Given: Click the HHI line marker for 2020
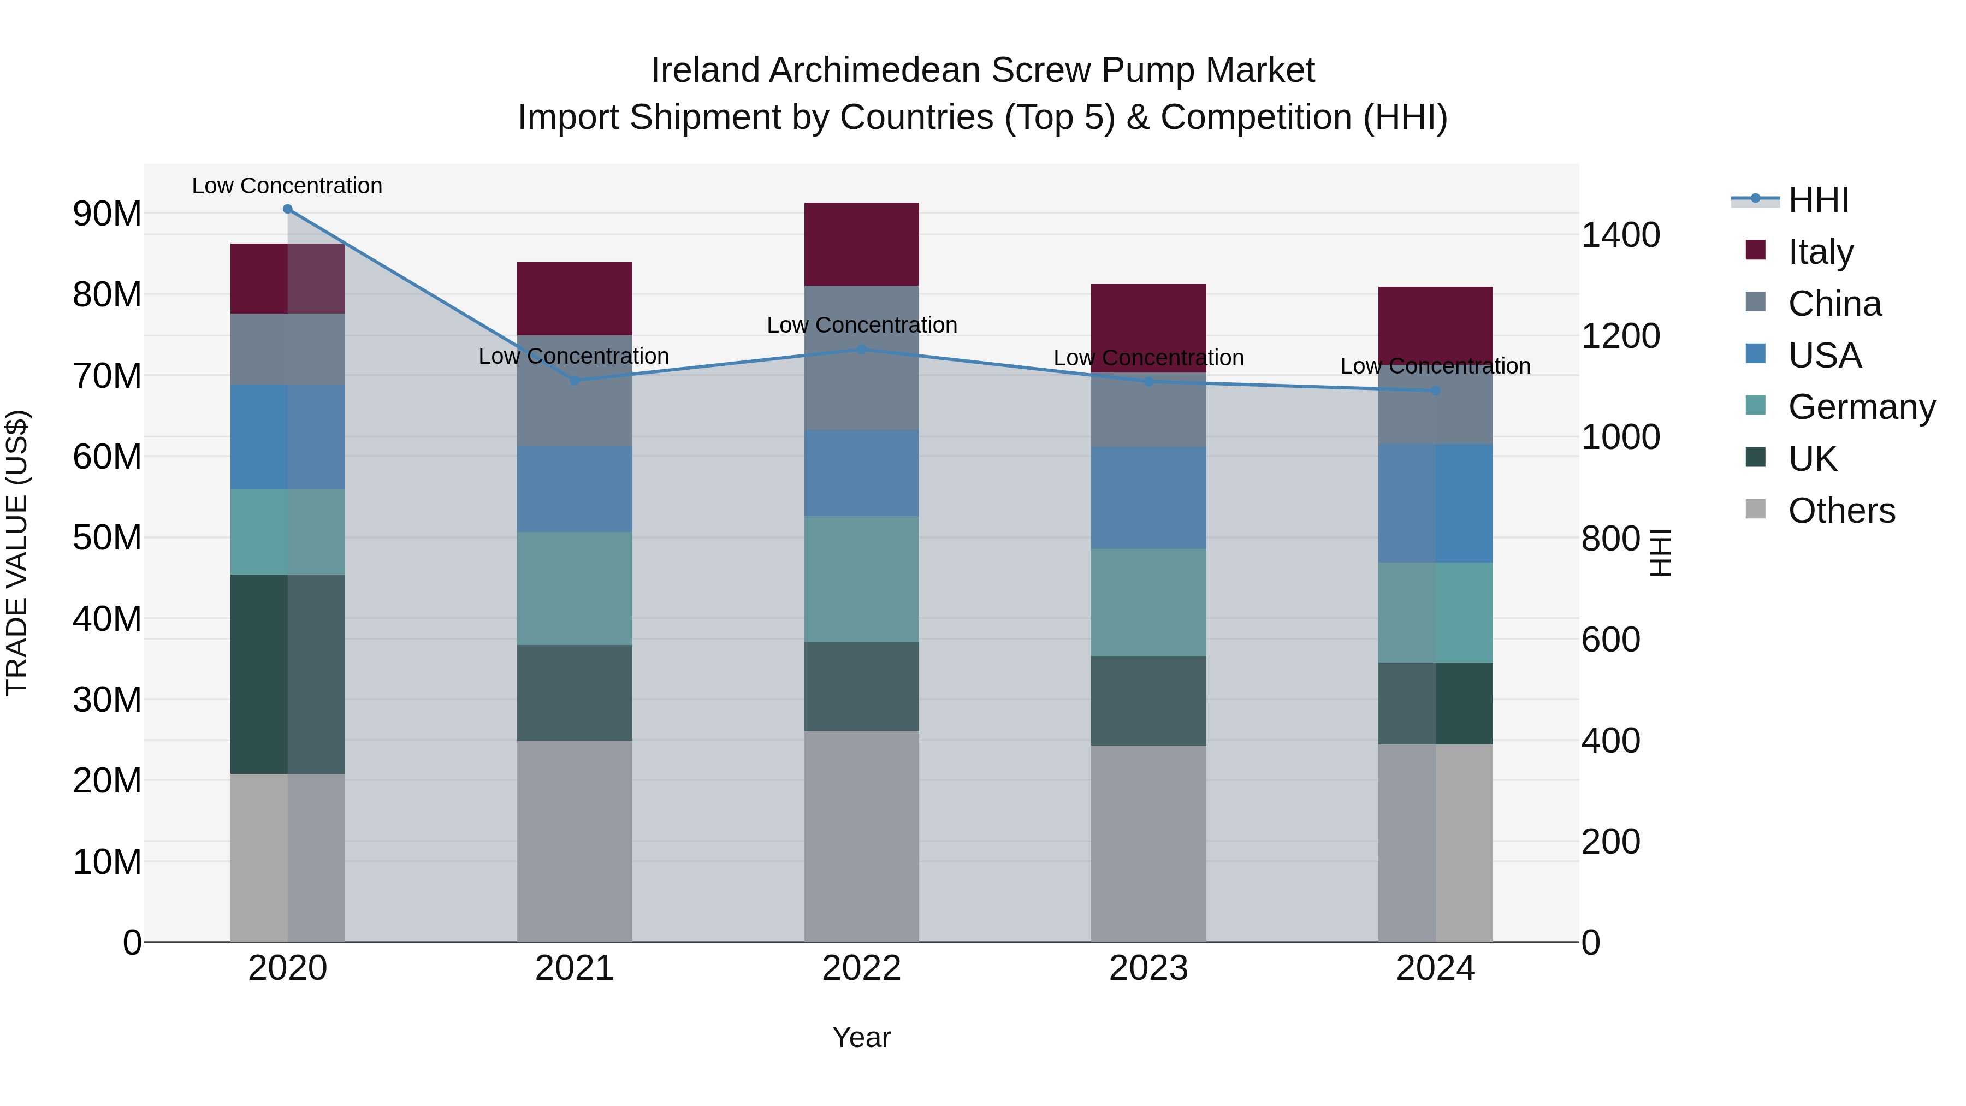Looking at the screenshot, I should [x=288, y=209].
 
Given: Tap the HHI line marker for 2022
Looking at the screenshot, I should [x=862, y=350].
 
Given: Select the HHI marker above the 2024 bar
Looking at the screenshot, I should [x=1436, y=391].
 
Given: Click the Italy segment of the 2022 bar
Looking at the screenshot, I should [x=862, y=244].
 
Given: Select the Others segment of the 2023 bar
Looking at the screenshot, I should [x=1148, y=843].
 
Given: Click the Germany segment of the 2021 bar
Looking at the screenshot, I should [x=575, y=588].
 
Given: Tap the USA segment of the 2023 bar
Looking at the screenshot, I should [x=1148, y=498].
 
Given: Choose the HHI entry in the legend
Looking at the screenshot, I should [x=1818, y=200].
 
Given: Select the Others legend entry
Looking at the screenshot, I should [x=1841, y=511].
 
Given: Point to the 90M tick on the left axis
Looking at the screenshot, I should [x=107, y=214].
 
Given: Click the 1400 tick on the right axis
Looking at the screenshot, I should [x=1620, y=235].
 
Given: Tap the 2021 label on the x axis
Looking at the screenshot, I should [x=575, y=968].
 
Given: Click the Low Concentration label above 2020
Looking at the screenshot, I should [x=287, y=186].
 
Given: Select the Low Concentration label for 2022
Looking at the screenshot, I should [x=862, y=325].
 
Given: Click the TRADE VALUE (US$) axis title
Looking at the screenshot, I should [x=17, y=553].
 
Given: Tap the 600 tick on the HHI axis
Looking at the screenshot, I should [x=1610, y=640].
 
